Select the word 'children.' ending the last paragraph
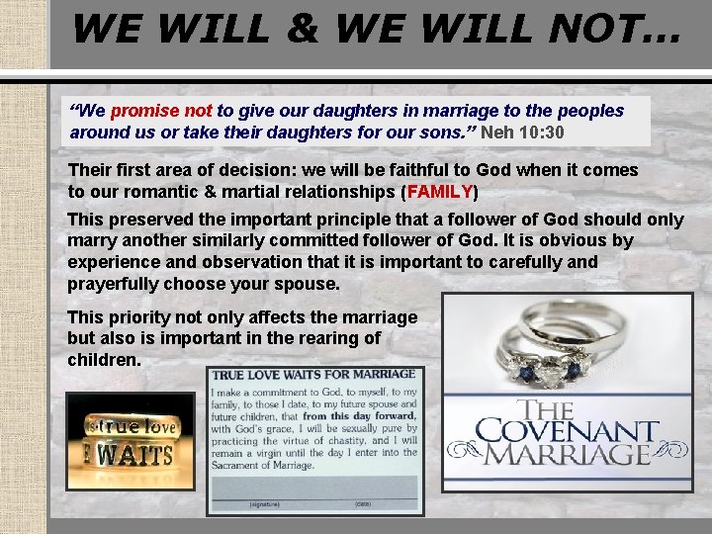104,359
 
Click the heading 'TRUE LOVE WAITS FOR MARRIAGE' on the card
314,375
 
